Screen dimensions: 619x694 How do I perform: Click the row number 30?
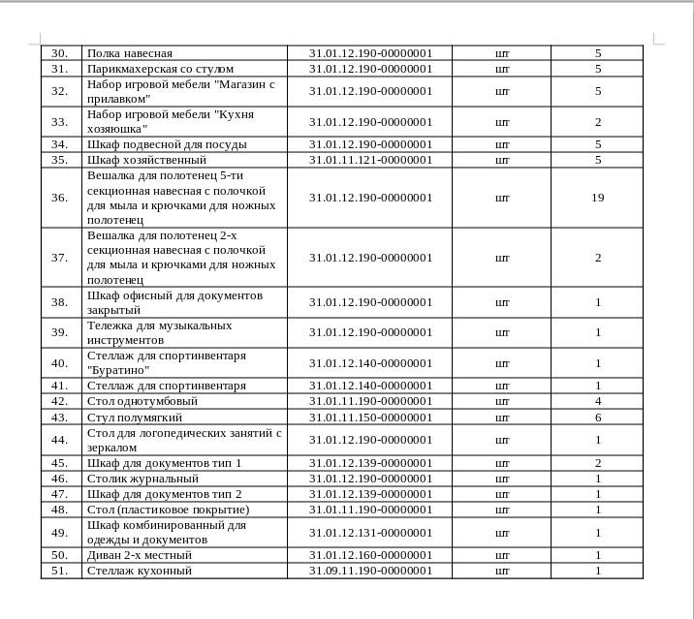click(60, 53)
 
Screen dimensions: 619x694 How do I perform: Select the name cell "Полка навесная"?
click(130, 53)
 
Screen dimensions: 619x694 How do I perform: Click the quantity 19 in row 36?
click(597, 198)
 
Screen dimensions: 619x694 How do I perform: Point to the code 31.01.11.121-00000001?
click(370, 160)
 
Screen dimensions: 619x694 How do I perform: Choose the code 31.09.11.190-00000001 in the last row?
click(370, 571)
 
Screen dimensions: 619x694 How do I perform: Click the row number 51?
click(60, 571)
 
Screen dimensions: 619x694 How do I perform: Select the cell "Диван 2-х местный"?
click(140, 555)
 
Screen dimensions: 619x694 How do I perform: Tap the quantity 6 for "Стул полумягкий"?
click(597, 418)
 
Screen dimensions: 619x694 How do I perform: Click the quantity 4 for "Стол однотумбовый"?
click(597, 401)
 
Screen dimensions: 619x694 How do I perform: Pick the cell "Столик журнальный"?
click(142, 479)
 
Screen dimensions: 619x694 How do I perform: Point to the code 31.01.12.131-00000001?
click(370, 533)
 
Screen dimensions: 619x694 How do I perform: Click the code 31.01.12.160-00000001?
click(370, 555)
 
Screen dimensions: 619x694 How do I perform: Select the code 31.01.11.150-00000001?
click(370, 418)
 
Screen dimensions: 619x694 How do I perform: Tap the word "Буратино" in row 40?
click(118, 370)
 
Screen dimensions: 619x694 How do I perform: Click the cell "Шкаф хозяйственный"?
click(146, 160)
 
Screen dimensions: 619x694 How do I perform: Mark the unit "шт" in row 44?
click(502, 440)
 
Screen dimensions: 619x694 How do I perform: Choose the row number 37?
click(60, 258)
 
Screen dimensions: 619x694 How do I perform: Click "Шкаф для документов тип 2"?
click(164, 494)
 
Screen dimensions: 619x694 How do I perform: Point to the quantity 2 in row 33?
click(597, 122)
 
